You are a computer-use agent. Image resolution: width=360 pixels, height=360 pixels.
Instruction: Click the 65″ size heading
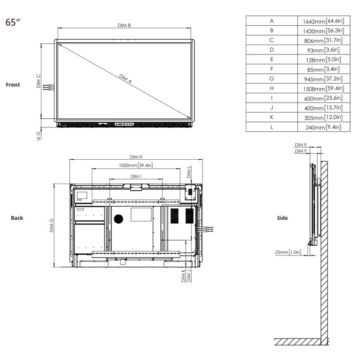(x=13, y=22)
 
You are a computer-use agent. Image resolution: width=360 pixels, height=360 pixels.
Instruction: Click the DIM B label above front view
(x=124, y=26)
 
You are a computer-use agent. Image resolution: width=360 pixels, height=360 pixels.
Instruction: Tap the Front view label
(x=13, y=85)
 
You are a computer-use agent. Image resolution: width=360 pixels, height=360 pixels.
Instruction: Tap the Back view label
(x=17, y=218)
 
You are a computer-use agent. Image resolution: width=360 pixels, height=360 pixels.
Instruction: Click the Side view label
(x=282, y=218)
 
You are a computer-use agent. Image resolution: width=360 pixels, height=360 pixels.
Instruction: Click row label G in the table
(x=271, y=79)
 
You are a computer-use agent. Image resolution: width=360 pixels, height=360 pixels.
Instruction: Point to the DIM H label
(x=136, y=157)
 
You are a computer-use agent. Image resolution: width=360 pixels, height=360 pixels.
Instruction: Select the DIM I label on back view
(x=136, y=176)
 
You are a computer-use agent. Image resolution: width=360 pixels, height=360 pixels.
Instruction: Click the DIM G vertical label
(x=51, y=225)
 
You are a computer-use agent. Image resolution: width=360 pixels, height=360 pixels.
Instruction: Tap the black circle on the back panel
(x=118, y=219)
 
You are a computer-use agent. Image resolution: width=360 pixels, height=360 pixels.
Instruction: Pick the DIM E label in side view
(x=301, y=145)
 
